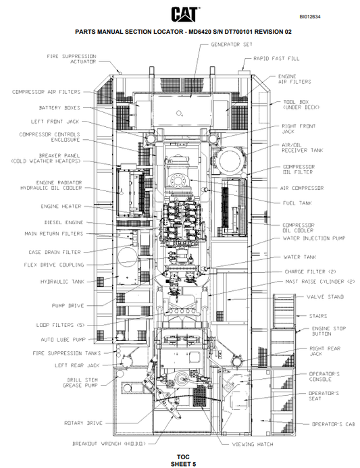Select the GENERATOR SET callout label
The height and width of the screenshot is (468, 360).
(232, 44)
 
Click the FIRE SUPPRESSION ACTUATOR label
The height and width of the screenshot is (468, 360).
(71, 59)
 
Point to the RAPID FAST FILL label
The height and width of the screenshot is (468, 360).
(276, 59)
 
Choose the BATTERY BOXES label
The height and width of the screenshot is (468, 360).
(59, 107)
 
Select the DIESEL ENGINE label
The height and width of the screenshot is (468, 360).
(63, 222)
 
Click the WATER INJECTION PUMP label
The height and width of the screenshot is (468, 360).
(313, 238)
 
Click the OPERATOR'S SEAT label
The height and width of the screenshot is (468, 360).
(324, 396)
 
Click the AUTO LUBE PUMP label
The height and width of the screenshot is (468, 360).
(61, 339)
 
